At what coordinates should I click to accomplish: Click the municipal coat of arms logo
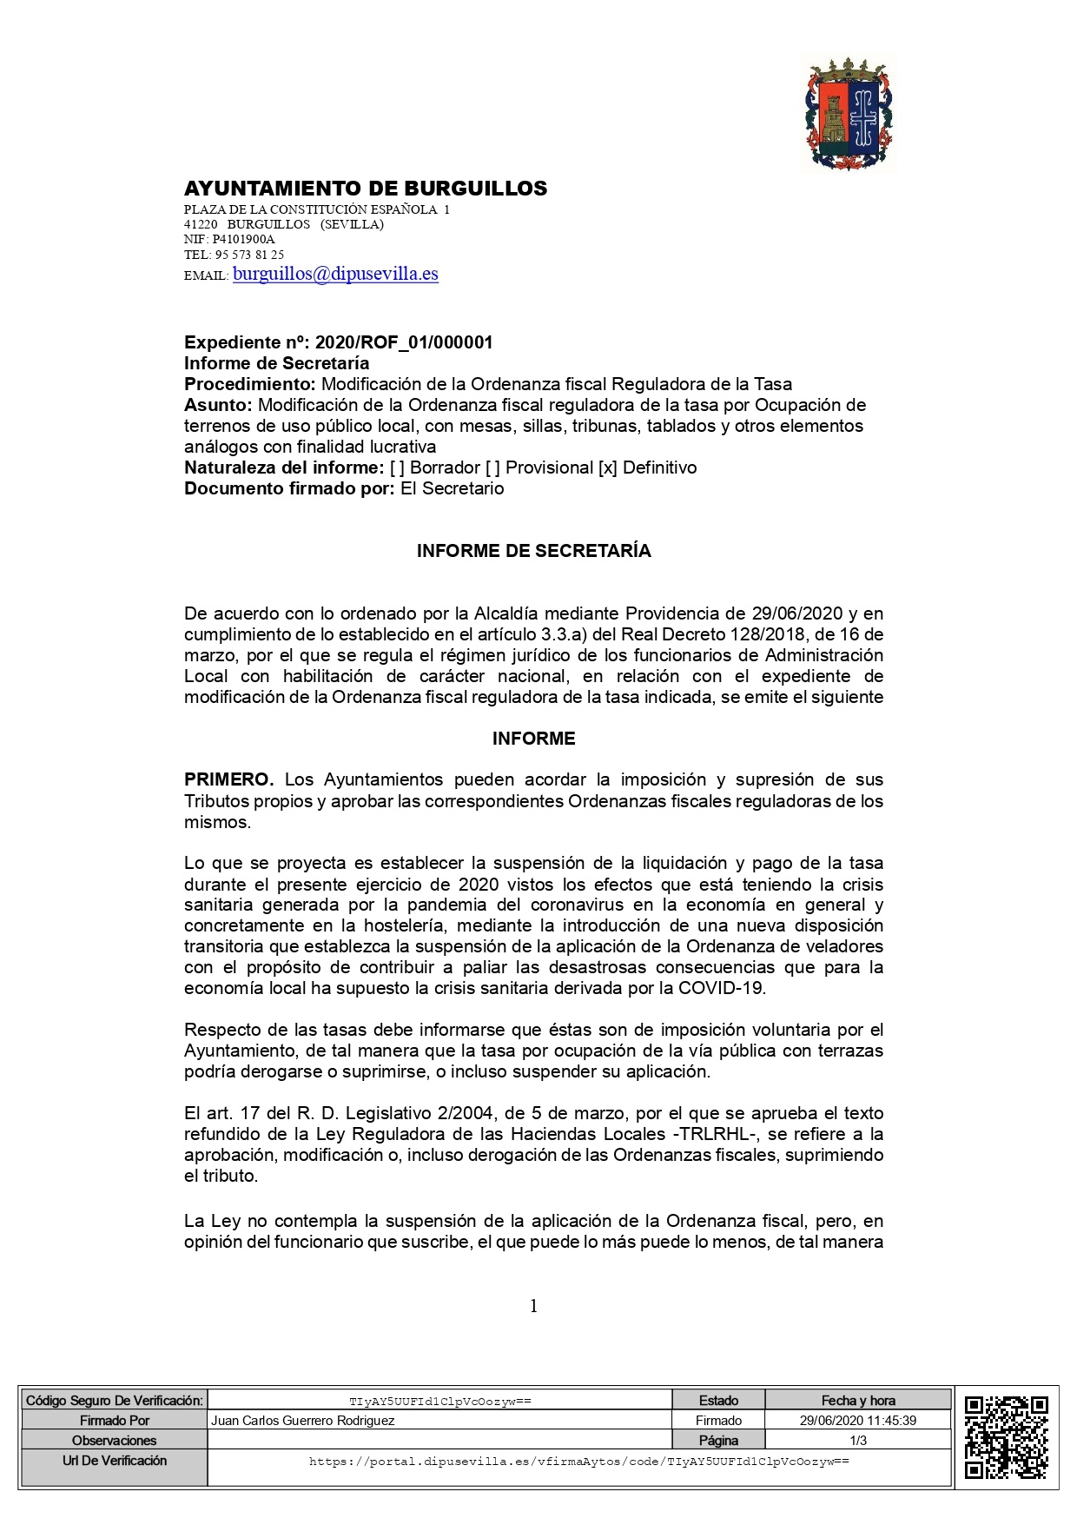[x=848, y=114]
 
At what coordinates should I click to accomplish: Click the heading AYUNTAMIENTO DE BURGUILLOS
[x=366, y=189]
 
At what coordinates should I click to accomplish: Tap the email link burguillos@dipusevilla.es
[x=335, y=274]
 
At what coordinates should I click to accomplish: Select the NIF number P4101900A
[x=243, y=239]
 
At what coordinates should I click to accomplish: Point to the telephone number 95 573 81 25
[x=249, y=255]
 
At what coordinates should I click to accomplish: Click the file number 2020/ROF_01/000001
[x=404, y=342]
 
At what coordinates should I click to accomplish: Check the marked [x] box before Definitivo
[x=608, y=467]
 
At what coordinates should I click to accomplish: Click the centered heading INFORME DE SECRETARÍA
[x=533, y=551]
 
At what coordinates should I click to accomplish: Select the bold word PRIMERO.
[x=228, y=779]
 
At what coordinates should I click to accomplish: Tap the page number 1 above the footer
[x=533, y=1306]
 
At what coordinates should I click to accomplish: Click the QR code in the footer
[x=1007, y=1437]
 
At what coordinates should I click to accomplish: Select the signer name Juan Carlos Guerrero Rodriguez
[x=303, y=1421]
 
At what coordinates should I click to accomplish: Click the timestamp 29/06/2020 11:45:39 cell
[x=858, y=1421]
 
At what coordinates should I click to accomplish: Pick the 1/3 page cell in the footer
[x=858, y=1441]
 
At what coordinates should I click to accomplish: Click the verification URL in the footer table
[x=579, y=1462]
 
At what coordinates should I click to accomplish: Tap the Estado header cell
[x=718, y=1401]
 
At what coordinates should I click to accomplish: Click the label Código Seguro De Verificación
[x=115, y=1401]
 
